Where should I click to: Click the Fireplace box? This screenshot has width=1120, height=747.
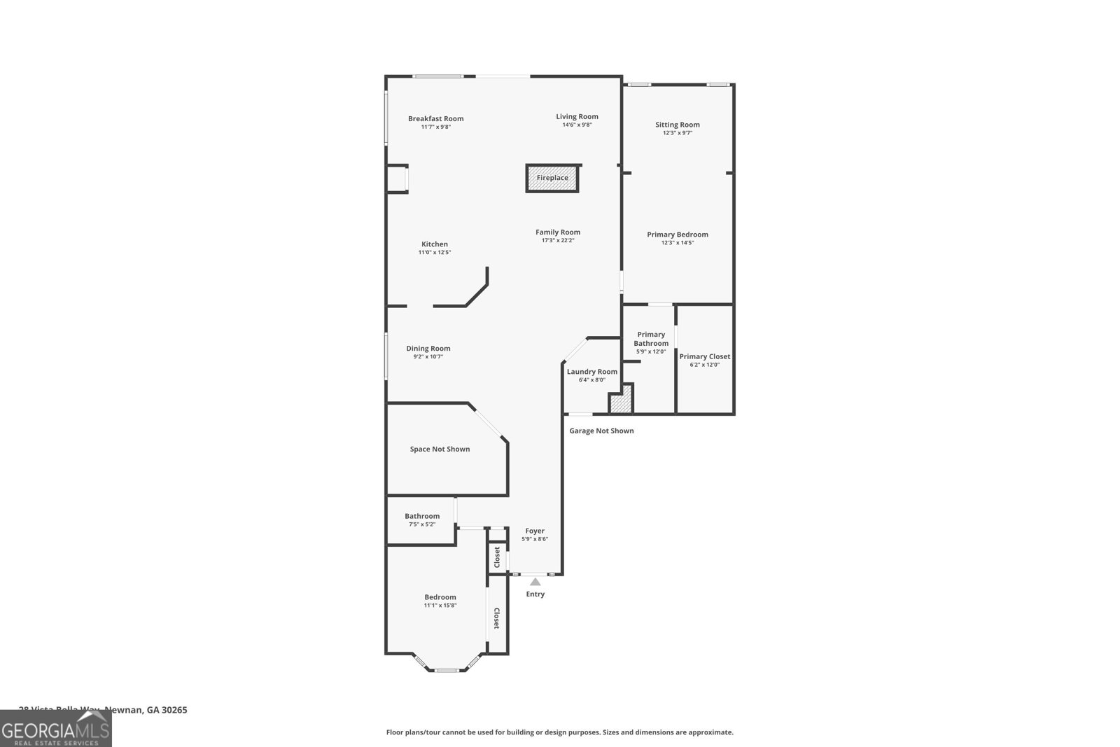click(552, 178)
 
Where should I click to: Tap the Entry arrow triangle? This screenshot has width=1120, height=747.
click(535, 582)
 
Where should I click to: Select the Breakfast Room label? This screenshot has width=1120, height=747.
click(435, 118)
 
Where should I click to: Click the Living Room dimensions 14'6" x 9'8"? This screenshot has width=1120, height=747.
click(577, 125)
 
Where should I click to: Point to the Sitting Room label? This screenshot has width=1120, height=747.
click(677, 125)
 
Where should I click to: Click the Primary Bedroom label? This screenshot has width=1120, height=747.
click(677, 235)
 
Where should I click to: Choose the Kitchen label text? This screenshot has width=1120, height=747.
click(434, 244)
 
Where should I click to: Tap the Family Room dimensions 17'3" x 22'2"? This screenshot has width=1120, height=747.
click(558, 240)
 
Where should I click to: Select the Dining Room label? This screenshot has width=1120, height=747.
click(428, 349)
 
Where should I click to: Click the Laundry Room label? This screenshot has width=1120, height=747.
click(591, 372)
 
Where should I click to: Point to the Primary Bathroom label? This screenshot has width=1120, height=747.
click(651, 339)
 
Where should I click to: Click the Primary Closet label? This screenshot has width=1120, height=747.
click(704, 356)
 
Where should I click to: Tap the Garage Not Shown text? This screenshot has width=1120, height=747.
click(601, 431)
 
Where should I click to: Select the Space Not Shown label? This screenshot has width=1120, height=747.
click(440, 449)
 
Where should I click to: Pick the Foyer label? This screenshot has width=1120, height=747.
click(535, 531)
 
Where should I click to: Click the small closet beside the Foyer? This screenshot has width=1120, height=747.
click(497, 557)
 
